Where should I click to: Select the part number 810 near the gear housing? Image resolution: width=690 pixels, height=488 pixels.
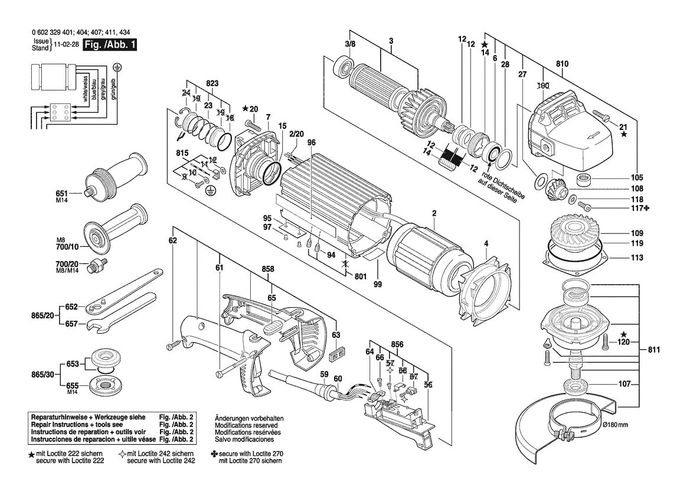click(x=561, y=64)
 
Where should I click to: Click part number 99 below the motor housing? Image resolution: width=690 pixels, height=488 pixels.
click(x=377, y=284)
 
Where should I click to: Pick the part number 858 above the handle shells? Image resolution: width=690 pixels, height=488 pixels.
click(x=268, y=269)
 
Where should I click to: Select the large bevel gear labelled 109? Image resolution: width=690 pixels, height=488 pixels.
click(x=568, y=232)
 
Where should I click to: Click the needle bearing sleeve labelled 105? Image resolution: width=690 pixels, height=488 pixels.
click(x=585, y=180)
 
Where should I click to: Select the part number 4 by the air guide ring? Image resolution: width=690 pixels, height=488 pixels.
click(x=486, y=243)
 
